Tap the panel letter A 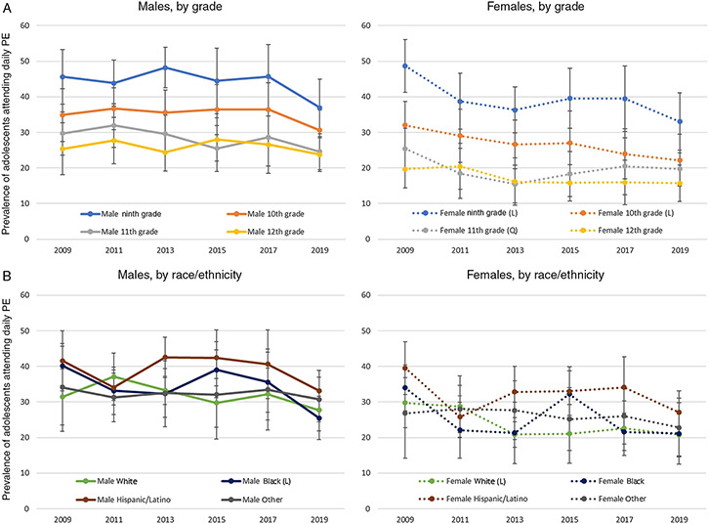tap(7, 8)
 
